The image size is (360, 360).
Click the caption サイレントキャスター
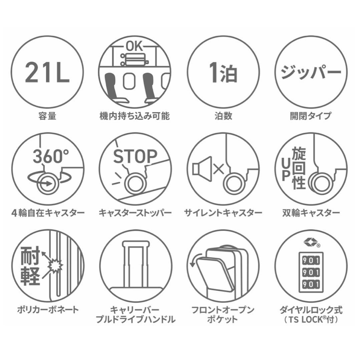[x=223, y=212]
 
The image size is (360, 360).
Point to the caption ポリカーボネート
[x=48, y=310]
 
